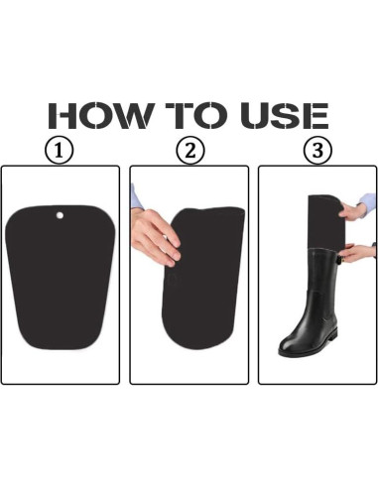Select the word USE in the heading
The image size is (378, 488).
tap(281, 114)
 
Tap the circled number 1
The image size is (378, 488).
tap(61, 151)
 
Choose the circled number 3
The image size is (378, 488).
tap(316, 151)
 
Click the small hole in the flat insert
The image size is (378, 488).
tap(59, 213)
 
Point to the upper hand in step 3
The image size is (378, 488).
tap(353, 210)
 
